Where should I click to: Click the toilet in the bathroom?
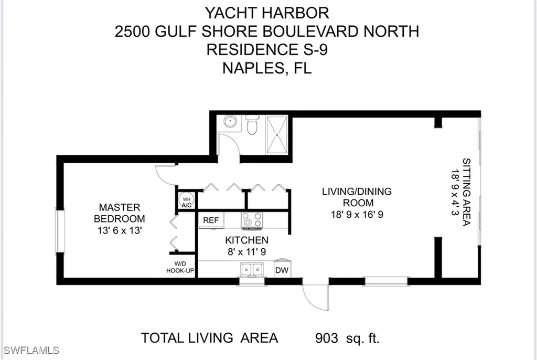(x=251, y=125)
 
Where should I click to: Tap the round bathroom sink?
(x=229, y=122)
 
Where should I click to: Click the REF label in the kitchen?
(x=211, y=220)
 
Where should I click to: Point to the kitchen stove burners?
(x=251, y=220)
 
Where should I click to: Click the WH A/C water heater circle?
(x=186, y=200)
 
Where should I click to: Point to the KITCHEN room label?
(x=246, y=240)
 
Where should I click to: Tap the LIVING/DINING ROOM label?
(x=356, y=197)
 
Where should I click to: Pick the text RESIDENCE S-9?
(x=268, y=49)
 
